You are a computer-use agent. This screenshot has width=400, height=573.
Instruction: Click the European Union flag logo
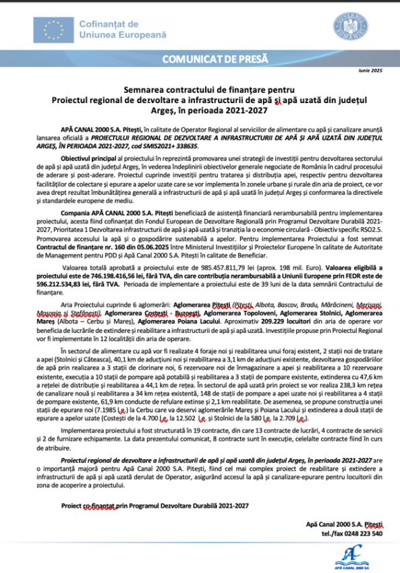tap(53, 28)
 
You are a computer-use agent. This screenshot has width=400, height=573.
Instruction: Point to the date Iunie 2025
tap(370, 71)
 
